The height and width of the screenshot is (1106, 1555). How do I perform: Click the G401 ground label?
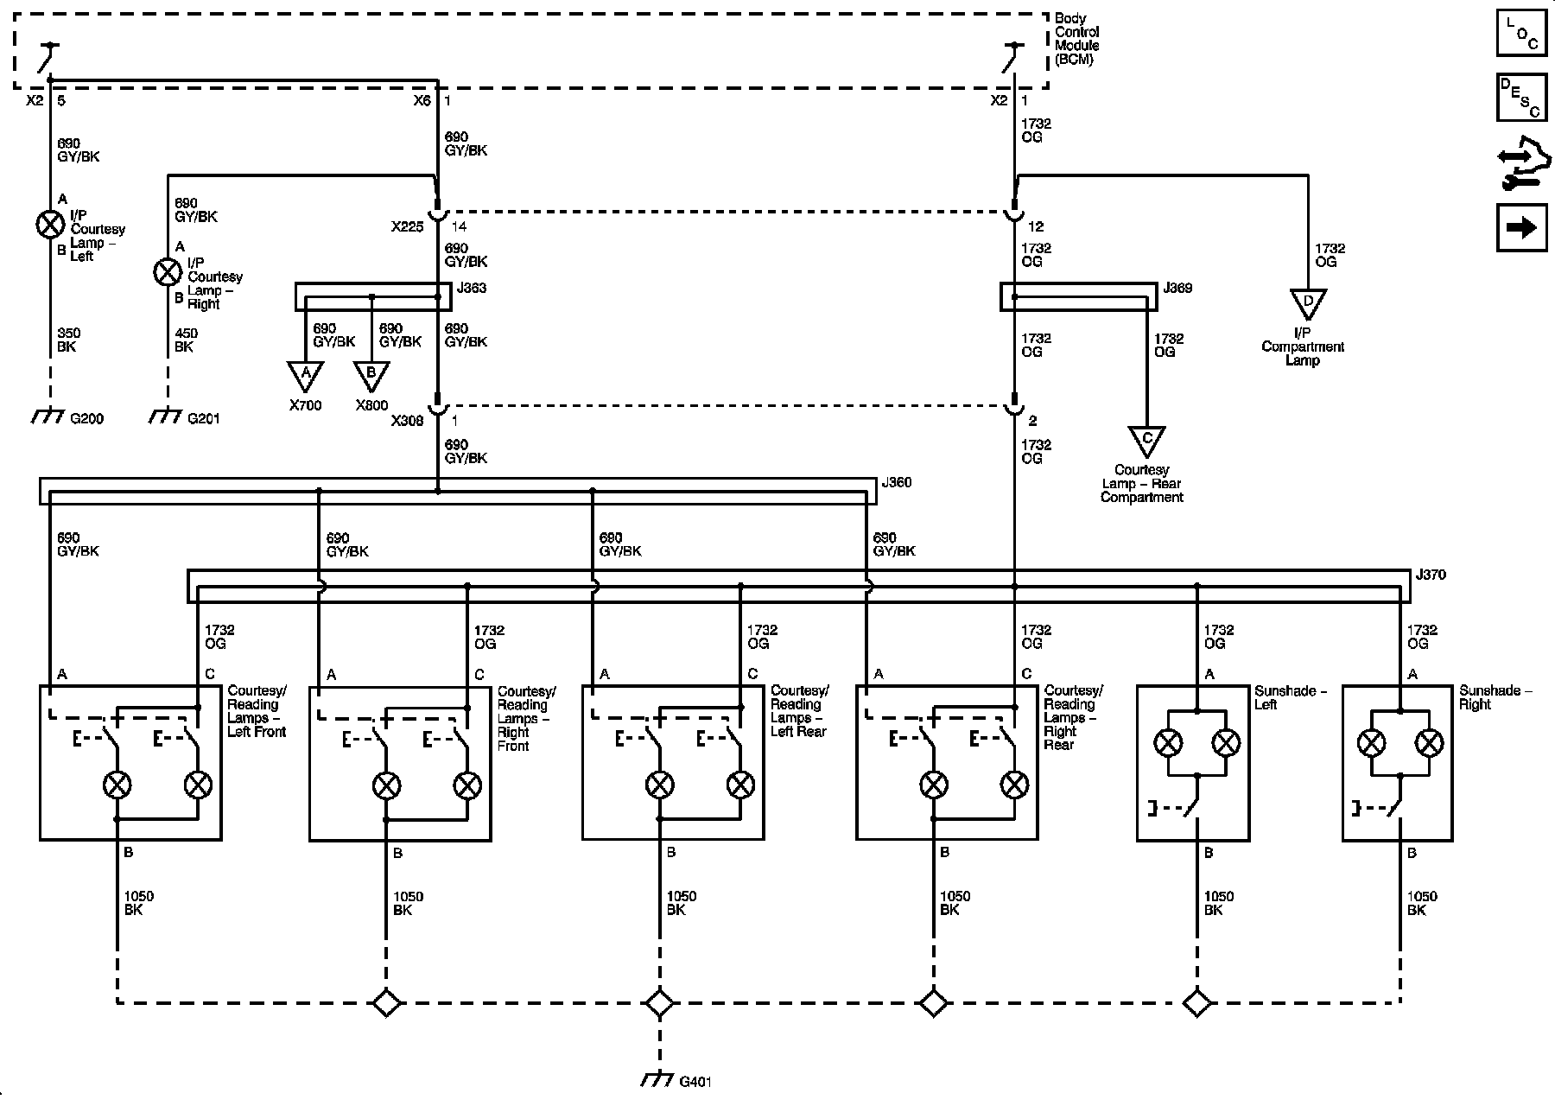click(x=696, y=1081)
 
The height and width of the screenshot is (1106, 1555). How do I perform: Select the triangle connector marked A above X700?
click(x=305, y=375)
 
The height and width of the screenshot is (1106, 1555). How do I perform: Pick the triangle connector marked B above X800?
click(x=371, y=375)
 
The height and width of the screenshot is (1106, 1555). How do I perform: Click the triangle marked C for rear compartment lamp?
click(x=1146, y=441)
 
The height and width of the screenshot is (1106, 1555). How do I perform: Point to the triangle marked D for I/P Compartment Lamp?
click(x=1308, y=303)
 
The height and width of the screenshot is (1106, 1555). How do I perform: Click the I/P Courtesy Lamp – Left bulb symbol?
click(x=50, y=225)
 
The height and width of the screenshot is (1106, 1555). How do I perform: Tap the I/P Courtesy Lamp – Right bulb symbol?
click(x=167, y=272)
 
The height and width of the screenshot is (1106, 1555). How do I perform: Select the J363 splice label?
click(x=472, y=288)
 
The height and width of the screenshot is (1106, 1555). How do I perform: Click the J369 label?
click(x=1177, y=288)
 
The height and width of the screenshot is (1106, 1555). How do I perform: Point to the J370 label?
click(x=1431, y=575)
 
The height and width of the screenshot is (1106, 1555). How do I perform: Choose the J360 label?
click(x=897, y=482)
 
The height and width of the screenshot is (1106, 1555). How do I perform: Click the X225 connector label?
click(x=407, y=226)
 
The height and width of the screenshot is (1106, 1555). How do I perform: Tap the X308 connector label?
click(x=407, y=421)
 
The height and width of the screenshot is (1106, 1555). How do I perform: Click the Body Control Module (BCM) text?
click(x=1076, y=39)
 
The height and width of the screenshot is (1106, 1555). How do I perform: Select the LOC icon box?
click(x=1521, y=33)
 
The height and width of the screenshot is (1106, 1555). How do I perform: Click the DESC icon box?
click(x=1521, y=98)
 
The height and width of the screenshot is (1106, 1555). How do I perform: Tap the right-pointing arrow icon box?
click(x=1521, y=227)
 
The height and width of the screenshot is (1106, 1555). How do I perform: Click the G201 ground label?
click(x=203, y=419)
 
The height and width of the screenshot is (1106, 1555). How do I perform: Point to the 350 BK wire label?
click(x=67, y=340)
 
